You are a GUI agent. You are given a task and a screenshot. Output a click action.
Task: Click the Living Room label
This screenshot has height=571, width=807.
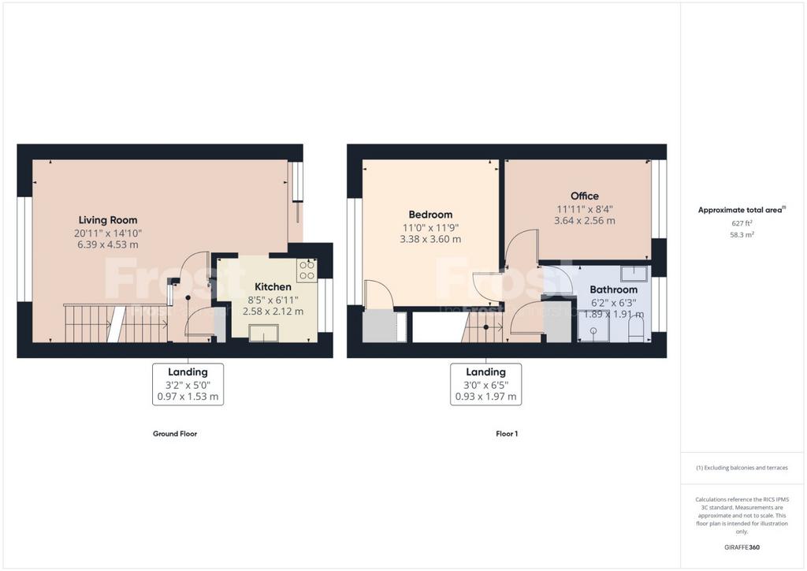108,220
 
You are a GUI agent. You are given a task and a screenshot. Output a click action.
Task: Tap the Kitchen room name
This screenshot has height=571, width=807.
273,287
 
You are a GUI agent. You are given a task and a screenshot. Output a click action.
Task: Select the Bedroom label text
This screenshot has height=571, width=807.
430,215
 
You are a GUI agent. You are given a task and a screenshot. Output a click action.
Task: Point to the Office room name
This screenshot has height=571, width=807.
584,196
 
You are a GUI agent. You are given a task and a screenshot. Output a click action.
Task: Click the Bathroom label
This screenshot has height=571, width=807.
613,289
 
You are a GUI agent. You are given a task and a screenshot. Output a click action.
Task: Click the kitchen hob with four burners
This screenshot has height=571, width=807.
307,271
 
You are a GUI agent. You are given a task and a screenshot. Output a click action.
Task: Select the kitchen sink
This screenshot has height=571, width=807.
263,333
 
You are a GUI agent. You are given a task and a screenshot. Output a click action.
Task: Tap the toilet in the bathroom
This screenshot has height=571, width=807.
636,329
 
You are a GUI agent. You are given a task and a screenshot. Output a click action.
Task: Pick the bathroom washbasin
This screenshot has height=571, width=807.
634,273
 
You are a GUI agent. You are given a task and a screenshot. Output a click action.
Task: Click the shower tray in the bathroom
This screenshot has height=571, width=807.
593,327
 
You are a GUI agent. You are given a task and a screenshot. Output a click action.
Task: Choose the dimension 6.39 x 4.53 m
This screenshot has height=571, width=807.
108,244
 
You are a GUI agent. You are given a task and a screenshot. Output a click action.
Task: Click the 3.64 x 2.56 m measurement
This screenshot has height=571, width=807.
584,220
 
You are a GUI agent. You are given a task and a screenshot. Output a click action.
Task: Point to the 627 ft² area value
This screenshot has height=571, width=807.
742,223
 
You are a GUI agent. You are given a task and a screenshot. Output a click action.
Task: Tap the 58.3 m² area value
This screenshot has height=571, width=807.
742,235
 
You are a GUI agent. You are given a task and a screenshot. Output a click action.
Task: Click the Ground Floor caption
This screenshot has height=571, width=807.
175,434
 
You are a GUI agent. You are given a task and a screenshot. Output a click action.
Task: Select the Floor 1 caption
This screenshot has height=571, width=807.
507,434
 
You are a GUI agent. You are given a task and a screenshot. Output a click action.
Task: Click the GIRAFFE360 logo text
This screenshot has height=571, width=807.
742,547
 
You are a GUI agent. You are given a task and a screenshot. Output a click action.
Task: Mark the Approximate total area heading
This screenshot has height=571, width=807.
742,210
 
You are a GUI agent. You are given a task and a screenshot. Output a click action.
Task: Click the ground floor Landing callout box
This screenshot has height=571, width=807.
188,384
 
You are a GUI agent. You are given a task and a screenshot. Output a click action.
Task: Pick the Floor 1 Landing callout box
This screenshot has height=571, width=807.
485,384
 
